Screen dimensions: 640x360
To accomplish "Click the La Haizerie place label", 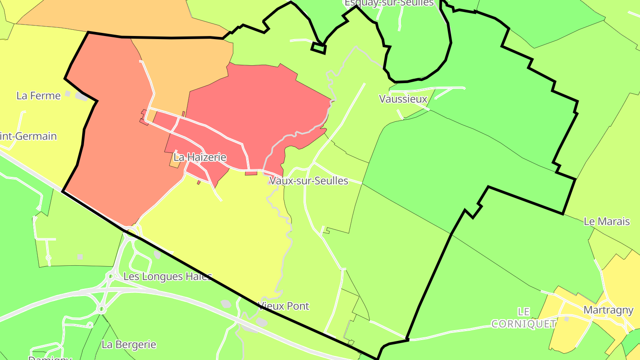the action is click(200, 157).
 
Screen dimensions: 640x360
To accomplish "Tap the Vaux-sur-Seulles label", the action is click(308, 181).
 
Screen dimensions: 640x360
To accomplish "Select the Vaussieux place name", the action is click(403, 99).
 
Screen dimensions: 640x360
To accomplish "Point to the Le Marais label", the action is click(607, 221).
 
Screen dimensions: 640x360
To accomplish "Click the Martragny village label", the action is click(608, 310).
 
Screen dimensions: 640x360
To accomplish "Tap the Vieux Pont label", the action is click(284, 306).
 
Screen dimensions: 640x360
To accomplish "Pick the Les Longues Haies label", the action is click(168, 276).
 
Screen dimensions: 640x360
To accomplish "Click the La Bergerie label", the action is click(129, 344).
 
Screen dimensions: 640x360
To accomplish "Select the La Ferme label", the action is click(39, 96).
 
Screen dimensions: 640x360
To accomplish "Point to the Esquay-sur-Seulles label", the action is click(389, 3).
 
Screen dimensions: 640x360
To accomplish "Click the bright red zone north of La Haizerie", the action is click(258, 102).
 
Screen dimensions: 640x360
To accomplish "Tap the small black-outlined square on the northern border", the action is click(318, 48).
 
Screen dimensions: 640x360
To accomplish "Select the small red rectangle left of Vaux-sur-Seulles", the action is click(251, 173).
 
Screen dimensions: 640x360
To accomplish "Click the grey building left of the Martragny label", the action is click(566, 319).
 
